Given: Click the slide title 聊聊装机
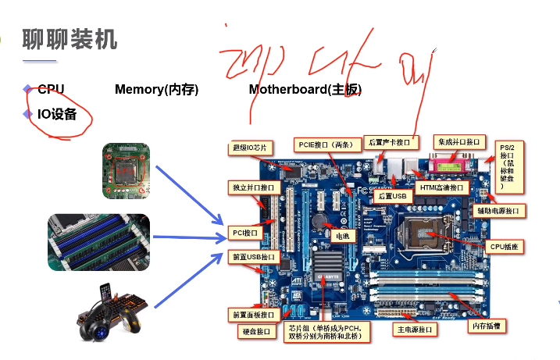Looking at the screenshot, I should tap(70, 39).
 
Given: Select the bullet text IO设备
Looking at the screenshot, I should tap(57, 114).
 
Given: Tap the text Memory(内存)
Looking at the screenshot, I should tap(156, 89).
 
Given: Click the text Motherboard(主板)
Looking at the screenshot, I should tap(305, 89).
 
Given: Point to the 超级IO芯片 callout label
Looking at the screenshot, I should tap(252, 147).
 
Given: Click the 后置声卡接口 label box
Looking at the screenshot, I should tap(391, 142).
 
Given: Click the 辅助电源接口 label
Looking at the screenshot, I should tap(501, 210).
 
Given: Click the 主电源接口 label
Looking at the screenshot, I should tap(414, 330).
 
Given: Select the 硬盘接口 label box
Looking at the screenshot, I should tap(257, 332).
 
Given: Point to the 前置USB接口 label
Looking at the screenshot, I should tap(253, 257).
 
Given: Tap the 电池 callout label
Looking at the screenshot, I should tap(342, 235).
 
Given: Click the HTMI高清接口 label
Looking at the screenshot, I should tap(441, 188).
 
